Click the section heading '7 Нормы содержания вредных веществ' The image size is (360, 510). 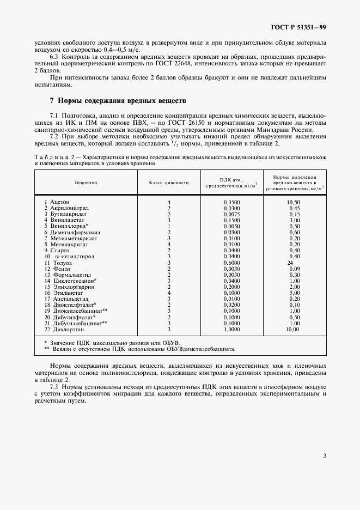click(x=118, y=101)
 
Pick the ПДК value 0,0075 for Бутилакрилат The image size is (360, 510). click(x=231, y=214)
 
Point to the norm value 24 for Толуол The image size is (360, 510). click(x=290, y=262)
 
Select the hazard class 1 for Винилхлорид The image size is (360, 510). click(x=169, y=226)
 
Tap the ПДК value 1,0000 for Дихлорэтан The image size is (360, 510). click(x=231, y=329)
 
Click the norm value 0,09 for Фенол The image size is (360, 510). click(x=295, y=269)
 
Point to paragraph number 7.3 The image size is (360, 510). click(x=54, y=386)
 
